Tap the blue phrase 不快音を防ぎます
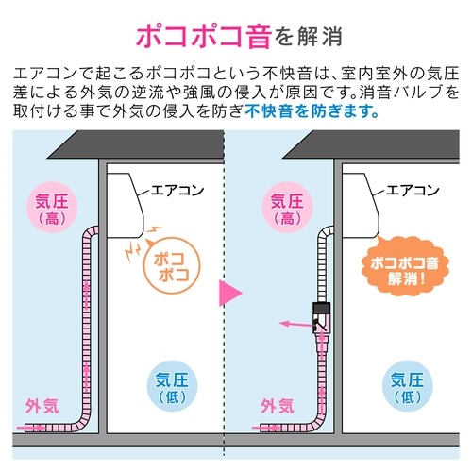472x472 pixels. tap(312, 110)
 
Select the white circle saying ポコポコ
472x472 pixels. tap(167, 271)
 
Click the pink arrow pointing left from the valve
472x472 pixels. tap(295, 324)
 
